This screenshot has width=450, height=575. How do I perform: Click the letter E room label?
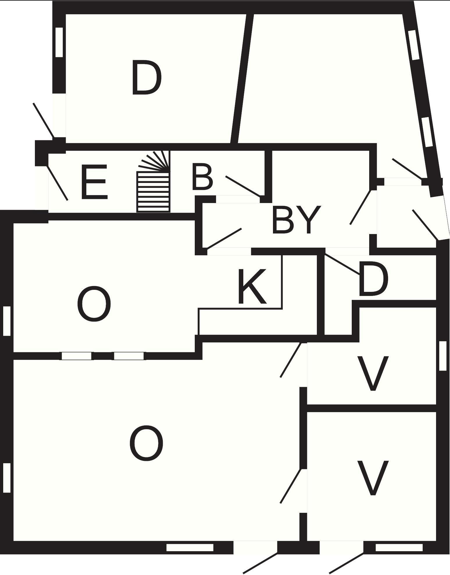click(94, 182)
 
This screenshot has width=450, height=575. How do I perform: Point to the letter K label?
click(252, 286)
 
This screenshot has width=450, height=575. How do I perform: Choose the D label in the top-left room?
click(147, 78)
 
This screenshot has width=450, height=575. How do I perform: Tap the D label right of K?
click(373, 279)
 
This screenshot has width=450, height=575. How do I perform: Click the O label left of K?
click(94, 304)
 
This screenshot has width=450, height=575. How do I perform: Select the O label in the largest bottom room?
click(146, 443)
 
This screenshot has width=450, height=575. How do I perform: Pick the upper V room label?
click(373, 373)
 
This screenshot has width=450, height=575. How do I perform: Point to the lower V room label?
click(373, 478)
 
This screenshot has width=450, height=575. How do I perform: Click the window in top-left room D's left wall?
click(59, 42)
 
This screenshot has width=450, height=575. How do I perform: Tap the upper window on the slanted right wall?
click(414, 45)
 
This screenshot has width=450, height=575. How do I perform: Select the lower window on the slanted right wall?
click(427, 132)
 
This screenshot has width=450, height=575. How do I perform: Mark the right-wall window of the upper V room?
click(442, 356)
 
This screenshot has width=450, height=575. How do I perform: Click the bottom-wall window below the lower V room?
click(399, 548)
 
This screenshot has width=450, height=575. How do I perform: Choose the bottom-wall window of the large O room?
click(190, 548)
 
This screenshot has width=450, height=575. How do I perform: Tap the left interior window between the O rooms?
click(76, 356)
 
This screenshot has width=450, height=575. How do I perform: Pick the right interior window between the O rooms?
click(129, 356)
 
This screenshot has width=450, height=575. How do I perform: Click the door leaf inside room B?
click(243, 186)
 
